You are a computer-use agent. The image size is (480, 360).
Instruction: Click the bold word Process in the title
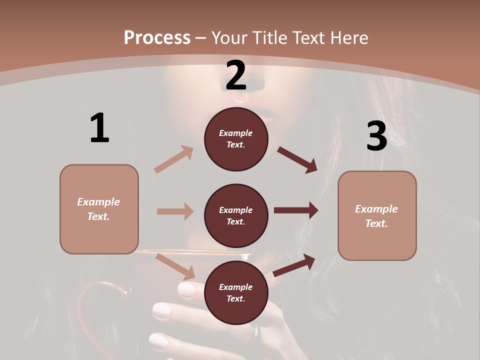pyautogui.click(x=157, y=37)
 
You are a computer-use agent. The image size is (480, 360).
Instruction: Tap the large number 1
pyautogui.click(x=99, y=128)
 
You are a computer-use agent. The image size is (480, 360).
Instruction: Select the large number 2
pyautogui.click(x=236, y=75)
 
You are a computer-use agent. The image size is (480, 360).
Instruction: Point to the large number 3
pyautogui.click(x=376, y=136)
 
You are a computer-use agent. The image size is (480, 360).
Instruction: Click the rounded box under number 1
pyautogui.click(x=99, y=209)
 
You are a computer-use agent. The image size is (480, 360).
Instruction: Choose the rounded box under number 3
pyautogui.click(x=377, y=215)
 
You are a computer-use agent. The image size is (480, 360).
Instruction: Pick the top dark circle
pyautogui.click(x=236, y=139)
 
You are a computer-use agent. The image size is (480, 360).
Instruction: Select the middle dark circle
pyautogui.click(x=236, y=215)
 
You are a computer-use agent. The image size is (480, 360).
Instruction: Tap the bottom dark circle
pyautogui.click(x=236, y=292)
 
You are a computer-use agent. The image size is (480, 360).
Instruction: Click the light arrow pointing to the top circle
pyautogui.click(x=174, y=159)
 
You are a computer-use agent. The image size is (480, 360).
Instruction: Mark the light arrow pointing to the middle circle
pyautogui.click(x=175, y=211)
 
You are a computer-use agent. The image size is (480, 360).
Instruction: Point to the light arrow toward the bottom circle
pyautogui.click(x=175, y=266)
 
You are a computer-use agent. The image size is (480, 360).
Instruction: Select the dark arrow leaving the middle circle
pyautogui.click(x=296, y=210)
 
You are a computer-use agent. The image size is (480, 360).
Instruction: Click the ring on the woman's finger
pyautogui.click(x=255, y=331)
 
